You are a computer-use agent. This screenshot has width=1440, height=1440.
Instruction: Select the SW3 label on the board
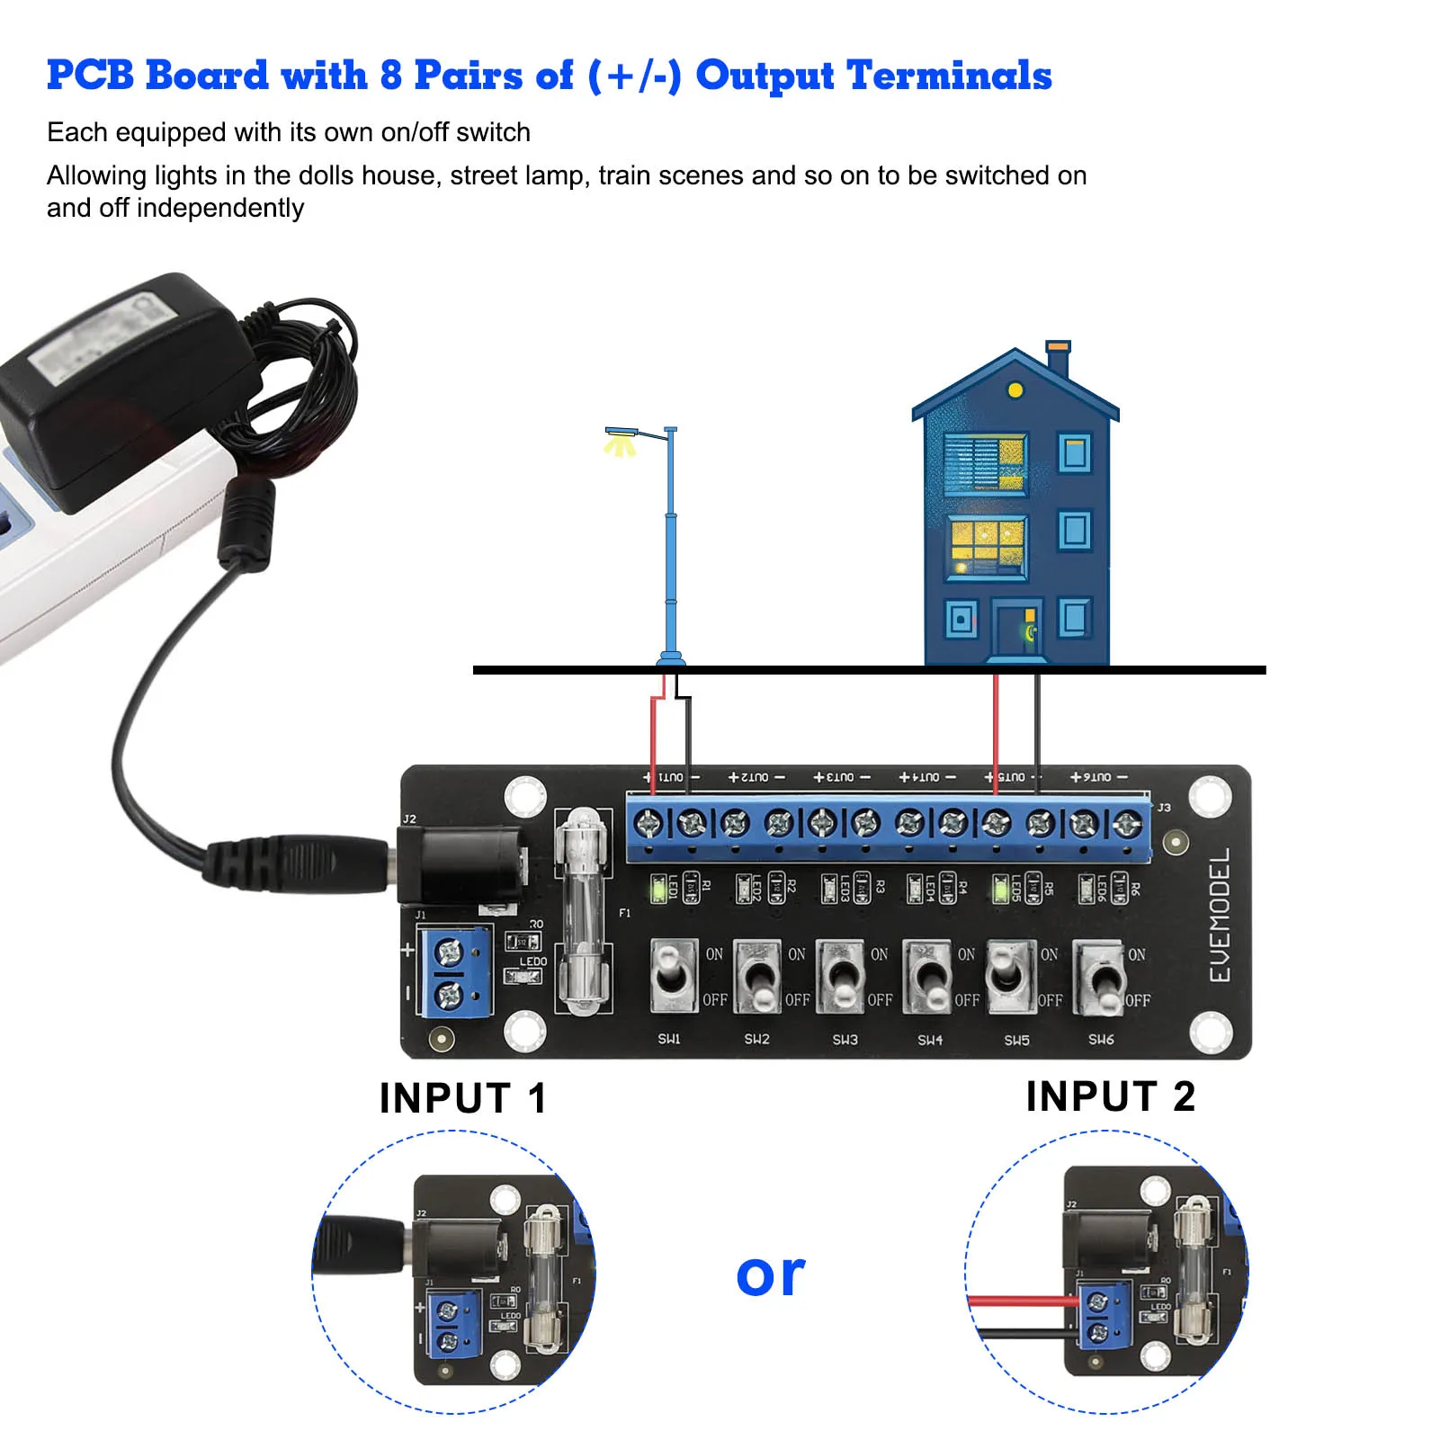[x=845, y=1040]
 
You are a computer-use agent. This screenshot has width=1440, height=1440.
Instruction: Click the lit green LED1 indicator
[x=658, y=890]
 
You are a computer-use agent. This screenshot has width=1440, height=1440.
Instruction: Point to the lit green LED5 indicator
[x=999, y=890]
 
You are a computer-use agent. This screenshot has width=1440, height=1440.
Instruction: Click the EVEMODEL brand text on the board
[x=1220, y=915]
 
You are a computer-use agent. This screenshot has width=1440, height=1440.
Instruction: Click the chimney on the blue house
[x=1058, y=357]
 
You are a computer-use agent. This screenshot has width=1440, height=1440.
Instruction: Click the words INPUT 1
[x=462, y=1098]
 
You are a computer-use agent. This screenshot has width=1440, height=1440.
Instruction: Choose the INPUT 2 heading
[x=1110, y=1096]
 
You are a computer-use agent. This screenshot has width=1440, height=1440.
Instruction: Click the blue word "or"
[x=770, y=1275]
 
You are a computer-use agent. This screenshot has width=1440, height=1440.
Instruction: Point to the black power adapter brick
[x=126, y=387]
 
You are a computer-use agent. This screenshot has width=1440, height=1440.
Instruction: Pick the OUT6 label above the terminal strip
[x=1098, y=777]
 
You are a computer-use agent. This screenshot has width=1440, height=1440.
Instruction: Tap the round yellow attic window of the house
[x=1015, y=390]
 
